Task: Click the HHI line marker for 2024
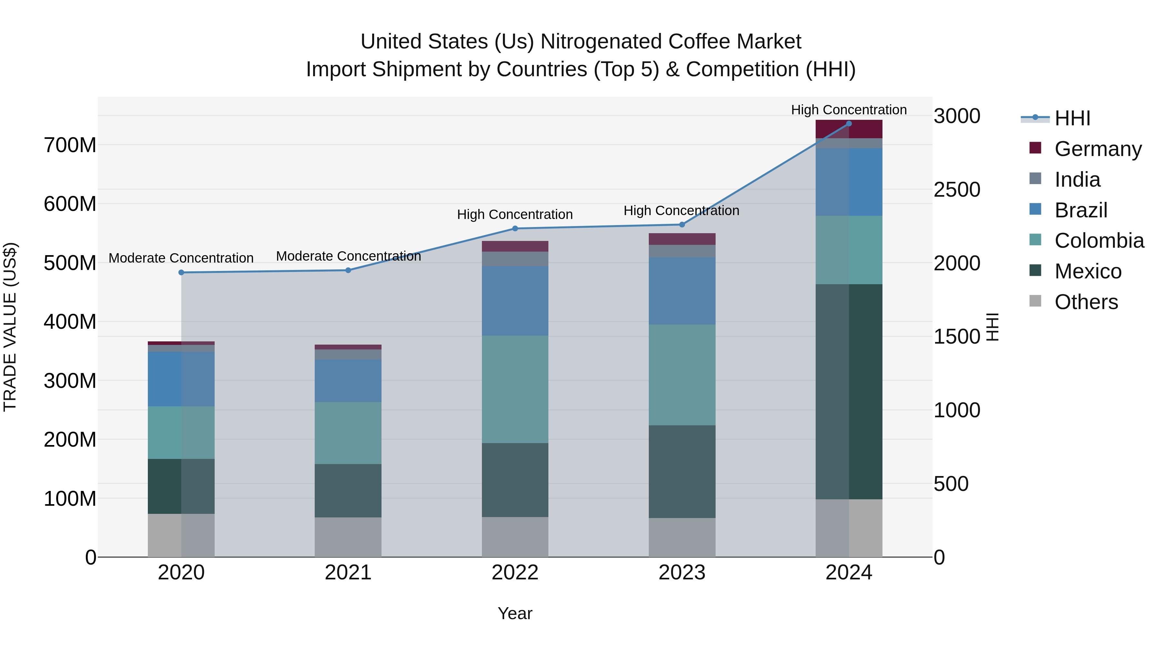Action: coord(849,124)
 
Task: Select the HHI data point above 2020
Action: coord(181,272)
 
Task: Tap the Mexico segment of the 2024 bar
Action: coord(849,391)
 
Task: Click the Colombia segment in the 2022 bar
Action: coord(515,389)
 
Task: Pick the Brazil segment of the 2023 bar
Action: coord(682,291)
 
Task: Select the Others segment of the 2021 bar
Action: coord(348,537)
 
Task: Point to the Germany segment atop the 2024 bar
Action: coord(849,129)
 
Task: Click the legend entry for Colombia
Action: coord(1099,241)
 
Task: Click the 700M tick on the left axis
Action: coord(70,145)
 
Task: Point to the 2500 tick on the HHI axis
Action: coord(957,190)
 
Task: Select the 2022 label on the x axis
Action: coord(515,573)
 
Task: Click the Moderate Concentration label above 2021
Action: coord(348,256)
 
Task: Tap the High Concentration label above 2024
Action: coord(849,110)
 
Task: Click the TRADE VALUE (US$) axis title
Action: coord(10,327)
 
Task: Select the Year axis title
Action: coord(515,613)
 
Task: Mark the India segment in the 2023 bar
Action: coord(682,251)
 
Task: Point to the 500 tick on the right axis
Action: coord(951,484)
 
